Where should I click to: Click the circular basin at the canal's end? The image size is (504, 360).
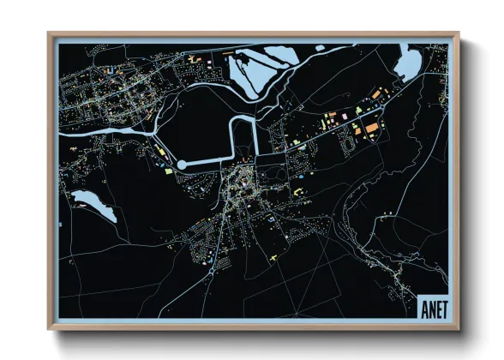coord(183,164)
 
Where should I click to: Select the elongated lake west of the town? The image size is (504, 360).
coord(93,205)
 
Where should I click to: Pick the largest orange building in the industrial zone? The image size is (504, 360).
coord(373,129)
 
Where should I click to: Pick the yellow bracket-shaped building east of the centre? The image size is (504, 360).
coord(299,192)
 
